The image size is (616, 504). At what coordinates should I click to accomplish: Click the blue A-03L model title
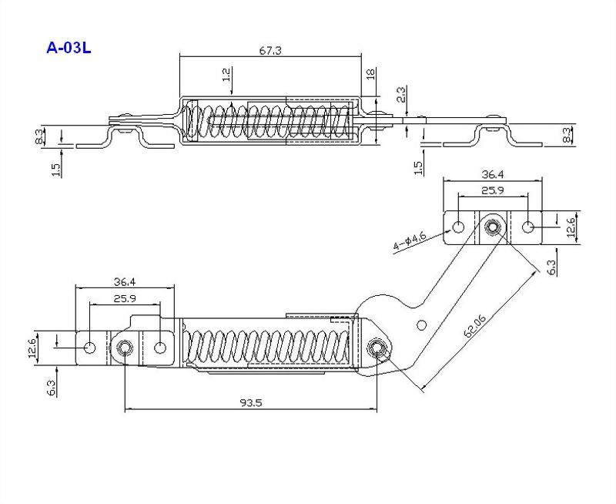[x=69, y=48]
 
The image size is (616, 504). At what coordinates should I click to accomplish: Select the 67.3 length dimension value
[x=270, y=51]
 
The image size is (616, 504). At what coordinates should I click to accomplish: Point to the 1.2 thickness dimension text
[x=226, y=75]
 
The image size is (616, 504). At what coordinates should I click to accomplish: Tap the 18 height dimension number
[x=370, y=73]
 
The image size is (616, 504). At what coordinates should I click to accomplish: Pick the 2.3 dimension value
[x=402, y=95]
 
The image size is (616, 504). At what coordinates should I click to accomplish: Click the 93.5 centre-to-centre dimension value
[x=251, y=402]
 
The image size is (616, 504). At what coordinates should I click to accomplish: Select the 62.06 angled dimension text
[x=474, y=326]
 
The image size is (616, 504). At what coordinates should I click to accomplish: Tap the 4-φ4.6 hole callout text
[x=410, y=241]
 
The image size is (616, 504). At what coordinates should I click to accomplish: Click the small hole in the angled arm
[x=421, y=325]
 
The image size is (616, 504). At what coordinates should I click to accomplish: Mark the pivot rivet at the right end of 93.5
[x=377, y=348]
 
